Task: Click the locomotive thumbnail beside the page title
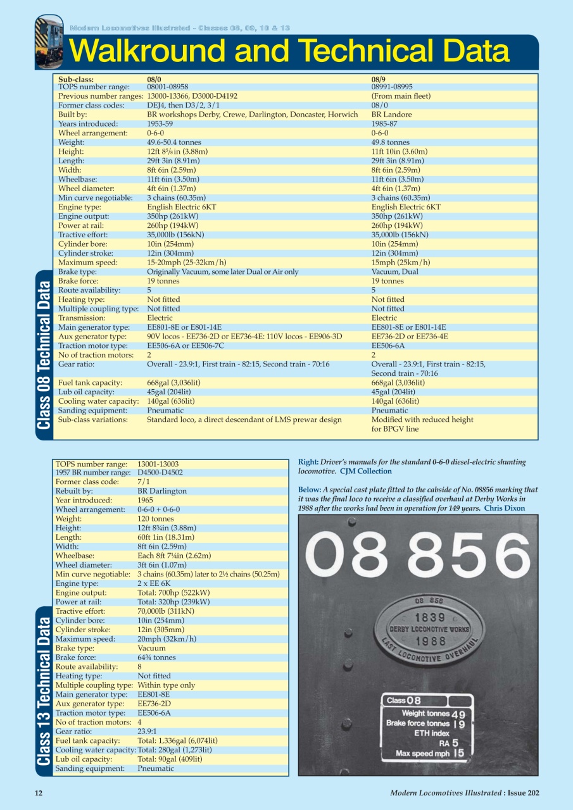click(x=49, y=42)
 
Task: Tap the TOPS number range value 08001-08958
click(x=167, y=87)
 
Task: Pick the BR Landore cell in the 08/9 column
click(x=391, y=115)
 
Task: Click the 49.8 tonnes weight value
click(x=390, y=143)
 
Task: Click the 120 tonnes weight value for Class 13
click(x=155, y=519)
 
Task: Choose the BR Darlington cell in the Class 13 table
click(x=162, y=491)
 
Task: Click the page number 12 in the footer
click(x=39, y=793)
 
